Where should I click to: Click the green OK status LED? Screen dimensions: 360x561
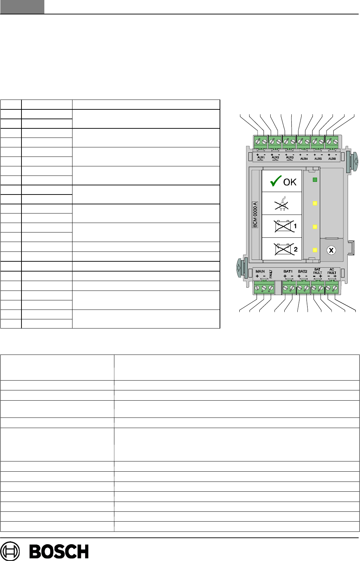315,180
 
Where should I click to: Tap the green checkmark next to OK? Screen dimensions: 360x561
276,181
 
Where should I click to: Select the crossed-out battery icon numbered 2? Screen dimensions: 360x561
284,249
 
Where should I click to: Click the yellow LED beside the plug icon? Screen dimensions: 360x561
315,203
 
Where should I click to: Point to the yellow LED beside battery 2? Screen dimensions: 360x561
315,250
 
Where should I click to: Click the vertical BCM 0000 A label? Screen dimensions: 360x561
255,215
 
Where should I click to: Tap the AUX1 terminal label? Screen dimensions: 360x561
261,158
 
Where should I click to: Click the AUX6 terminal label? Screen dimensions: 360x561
332,159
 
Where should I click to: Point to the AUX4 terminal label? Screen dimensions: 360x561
304,159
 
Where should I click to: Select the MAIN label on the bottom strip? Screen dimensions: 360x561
260,271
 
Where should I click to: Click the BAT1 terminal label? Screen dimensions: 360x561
288,271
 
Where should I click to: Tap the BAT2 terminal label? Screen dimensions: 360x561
303,271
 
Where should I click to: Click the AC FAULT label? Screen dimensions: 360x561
332,271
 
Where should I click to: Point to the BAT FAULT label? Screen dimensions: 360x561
317,271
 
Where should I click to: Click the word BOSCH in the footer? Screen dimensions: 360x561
59,552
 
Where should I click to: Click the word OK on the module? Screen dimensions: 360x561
290,182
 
